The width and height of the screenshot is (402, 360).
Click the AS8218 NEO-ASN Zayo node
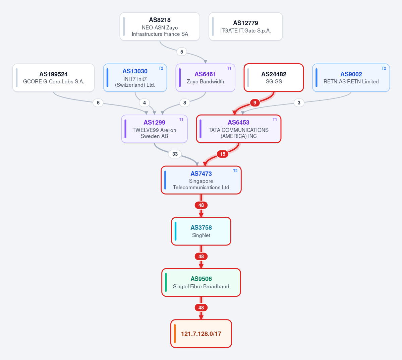pyautogui.click(x=160, y=27)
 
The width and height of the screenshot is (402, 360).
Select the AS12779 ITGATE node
pyautogui.click(x=246, y=27)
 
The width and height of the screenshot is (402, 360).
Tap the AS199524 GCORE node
pyautogui.click(x=54, y=78)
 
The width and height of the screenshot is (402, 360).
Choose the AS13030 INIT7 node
pyautogui.click(x=135, y=78)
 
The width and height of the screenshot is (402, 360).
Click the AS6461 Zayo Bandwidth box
pyautogui.click(x=205, y=78)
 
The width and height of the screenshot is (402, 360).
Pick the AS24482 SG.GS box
pyautogui.click(x=274, y=78)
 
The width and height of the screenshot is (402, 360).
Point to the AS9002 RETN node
pyautogui.click(x=351, y=78)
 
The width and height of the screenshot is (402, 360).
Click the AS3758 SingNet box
pyautogui.click(x=201, y=231)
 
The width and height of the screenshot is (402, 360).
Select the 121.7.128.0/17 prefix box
pyautogui.click(x=201, y=334)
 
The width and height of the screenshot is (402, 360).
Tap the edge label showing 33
pyautogui.click(x=175, y=154)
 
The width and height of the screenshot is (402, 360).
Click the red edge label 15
pyautogui.click(x=223, y=154)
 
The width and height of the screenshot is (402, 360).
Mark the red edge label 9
pyautogui.click(x=255, y=103)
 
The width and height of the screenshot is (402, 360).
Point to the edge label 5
pyautogui.click(x=181, y=52)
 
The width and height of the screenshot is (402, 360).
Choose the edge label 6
pyautogui.click(x=98, y=103)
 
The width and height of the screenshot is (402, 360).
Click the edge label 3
pyautogui.click(x=299, y=103)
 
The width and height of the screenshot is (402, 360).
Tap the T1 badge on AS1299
pyautogui.click(x=181, y=120)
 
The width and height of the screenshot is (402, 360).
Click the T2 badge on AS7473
pyautogui.click(x=235, y=171)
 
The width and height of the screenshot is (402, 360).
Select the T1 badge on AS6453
pyautogui.click(x=275, y=120)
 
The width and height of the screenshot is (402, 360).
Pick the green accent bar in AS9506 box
pyautogui.click(x=166, y=282)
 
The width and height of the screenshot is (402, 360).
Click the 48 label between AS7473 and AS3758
pyautogui.click(x=201, y=205)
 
